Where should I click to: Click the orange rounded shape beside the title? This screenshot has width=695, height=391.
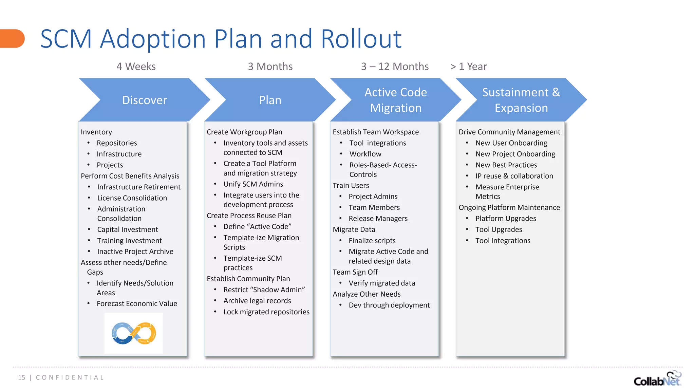coord(12,38)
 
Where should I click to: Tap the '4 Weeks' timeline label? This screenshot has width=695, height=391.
coord(136,67)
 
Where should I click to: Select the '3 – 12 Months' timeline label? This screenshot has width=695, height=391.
coord(395,67)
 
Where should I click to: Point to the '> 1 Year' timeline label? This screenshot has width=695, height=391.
coord(468,67)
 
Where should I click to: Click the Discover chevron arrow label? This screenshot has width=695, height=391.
coord(145,100)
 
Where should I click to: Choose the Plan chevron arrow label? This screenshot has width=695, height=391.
coord(270,100)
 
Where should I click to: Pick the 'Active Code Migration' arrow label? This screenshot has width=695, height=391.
coord(396,100)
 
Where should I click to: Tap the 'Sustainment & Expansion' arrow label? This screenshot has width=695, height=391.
coord(521,100)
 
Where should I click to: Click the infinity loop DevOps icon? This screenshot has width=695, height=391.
coord(134,333)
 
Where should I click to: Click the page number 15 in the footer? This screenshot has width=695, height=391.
coord(22,377)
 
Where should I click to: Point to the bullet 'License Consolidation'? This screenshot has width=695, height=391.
coord(132,198)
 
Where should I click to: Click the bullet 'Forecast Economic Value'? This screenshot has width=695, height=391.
coord(137,304)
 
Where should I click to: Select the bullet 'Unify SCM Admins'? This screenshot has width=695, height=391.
coord(253,184)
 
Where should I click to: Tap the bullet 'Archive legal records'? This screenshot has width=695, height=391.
coord(257,301)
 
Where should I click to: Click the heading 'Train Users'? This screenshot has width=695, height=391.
coord(351,185)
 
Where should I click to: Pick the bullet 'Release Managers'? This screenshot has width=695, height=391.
coord(378,219)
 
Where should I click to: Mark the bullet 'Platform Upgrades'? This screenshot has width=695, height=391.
coord(506,219)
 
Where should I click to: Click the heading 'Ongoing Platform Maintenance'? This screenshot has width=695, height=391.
coord(509,207)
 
